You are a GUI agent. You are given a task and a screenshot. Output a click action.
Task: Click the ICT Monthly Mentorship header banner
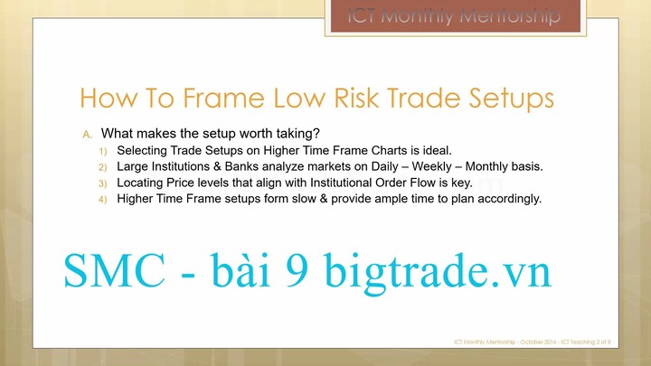coord(454,17)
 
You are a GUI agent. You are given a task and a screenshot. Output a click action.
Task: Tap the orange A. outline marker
coord(88,135)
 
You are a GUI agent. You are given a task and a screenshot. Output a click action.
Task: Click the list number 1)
coord(102,151)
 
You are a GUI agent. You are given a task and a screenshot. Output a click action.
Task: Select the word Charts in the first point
coord(390,150)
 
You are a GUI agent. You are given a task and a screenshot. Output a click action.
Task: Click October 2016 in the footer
coord(539,342)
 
